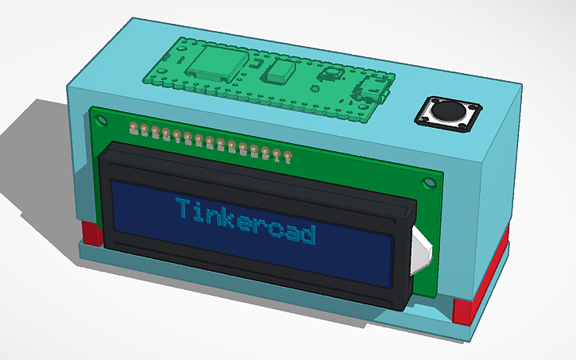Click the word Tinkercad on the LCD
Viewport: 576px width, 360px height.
(245, 222)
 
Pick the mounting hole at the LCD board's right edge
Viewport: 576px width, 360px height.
(430, 183)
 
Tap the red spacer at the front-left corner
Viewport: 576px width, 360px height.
(92, 234)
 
